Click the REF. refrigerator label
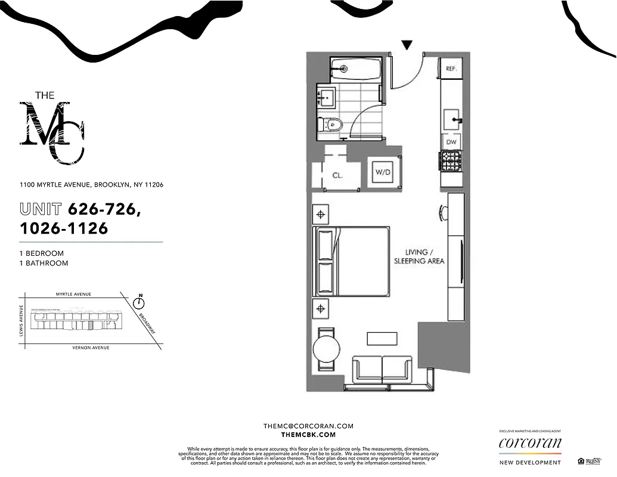(x=451, y=69)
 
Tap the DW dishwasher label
(x=451, y=142)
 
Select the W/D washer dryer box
(x=382, y=173)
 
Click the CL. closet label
(x=337, y=175)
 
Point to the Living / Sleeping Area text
(x=418, y=256)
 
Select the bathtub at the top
(x=355, y=69)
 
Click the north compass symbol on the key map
(x=141, y=302)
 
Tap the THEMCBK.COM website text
(x=308, y=435)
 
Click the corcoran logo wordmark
(x=529, y=443)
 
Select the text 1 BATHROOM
(x=44, y=263)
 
